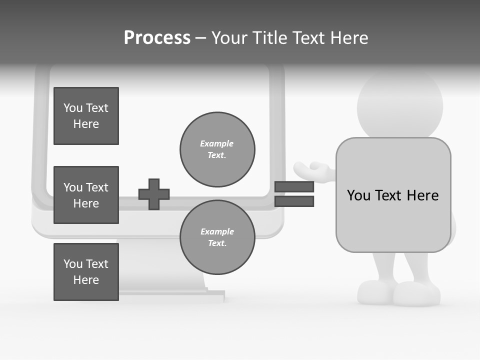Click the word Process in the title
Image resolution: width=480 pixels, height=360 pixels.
(x=157, y=38)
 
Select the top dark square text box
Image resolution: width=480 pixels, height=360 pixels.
(x=86, y=116)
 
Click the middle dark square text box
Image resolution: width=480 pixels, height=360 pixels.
(x=86, y=195)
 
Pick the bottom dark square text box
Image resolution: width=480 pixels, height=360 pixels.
(x=86, y=272)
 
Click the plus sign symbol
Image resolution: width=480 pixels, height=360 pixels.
(x=154, y=194)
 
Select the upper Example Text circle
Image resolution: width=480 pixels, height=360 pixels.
(x=217, y=149)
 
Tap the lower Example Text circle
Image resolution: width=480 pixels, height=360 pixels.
(x=217, y=237)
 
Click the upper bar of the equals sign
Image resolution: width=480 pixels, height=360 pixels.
(x=294, y=186)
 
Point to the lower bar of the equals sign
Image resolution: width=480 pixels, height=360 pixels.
(x=294, y=201)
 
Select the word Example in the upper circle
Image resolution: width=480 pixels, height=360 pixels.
(x=217, y=143)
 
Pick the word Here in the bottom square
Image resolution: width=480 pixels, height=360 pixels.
(x=86, y=280)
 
